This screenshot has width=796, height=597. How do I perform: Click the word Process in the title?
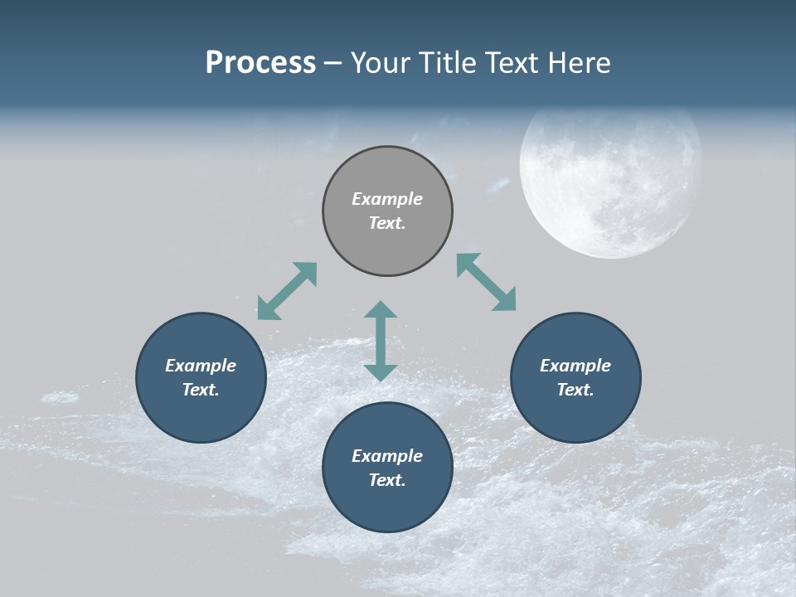(260, 63)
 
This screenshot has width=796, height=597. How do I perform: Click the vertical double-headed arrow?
(381, 341)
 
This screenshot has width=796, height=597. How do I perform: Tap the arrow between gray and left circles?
(287, 291)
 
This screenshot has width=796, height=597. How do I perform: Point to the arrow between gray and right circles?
(487, 282)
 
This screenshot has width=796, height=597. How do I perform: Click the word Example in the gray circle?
(387, 199)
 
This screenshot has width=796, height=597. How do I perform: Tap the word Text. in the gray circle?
(387, 223)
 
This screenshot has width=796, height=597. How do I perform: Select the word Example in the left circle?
(201, 366)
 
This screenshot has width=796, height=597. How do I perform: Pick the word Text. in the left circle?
(201, 390)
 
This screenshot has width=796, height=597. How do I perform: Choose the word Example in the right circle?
(575, 366)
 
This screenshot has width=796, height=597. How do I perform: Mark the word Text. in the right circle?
(575, 390)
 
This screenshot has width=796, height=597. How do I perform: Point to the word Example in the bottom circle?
(387, 456)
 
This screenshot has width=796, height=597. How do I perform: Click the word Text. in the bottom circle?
(387, 480)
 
